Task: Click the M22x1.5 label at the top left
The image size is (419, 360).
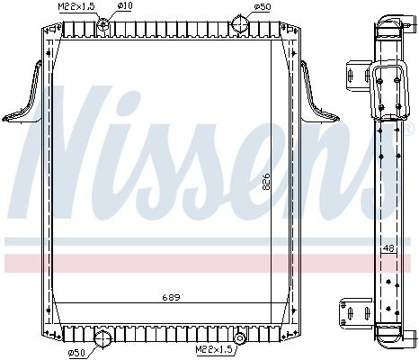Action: coord(76,7)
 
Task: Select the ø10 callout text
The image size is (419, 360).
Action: coord(125,5)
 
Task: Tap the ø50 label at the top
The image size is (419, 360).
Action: coord(263,6)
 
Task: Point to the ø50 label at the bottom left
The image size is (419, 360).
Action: coord(77,353)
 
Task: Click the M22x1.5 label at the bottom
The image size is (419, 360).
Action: coord(214,349)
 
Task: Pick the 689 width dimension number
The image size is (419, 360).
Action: coord(172,297)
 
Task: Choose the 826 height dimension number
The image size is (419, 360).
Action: coord(266,182)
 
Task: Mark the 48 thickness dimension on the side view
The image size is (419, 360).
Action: coord(388,248)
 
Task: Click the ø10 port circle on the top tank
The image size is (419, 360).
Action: coord(103,24)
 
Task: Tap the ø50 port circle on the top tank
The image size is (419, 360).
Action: coord(241,23)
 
